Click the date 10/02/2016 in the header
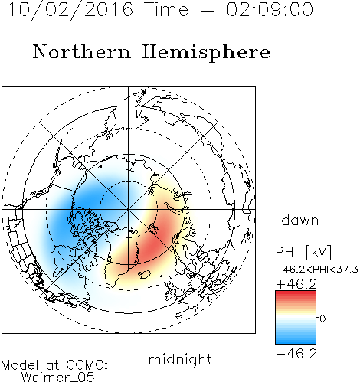[70, 10]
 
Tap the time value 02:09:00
[270, 10]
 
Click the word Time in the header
[166, 10]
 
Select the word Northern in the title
[82, 51]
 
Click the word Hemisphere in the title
[206, 52]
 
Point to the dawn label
[300, 220]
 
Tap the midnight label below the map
[180, 359]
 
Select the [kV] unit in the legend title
[318, 252]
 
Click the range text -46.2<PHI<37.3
[317, 270]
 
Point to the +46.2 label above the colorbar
[296, 284]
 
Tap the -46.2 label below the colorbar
[296, 354]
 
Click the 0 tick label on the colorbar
[322, 319]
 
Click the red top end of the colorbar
[296, 293]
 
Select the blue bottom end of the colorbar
[296, 342]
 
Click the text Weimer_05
[58, 378]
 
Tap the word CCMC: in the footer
[87, 365]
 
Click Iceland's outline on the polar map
[145, 274]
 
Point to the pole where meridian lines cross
[129, 209]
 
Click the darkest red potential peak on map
[151, 248]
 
